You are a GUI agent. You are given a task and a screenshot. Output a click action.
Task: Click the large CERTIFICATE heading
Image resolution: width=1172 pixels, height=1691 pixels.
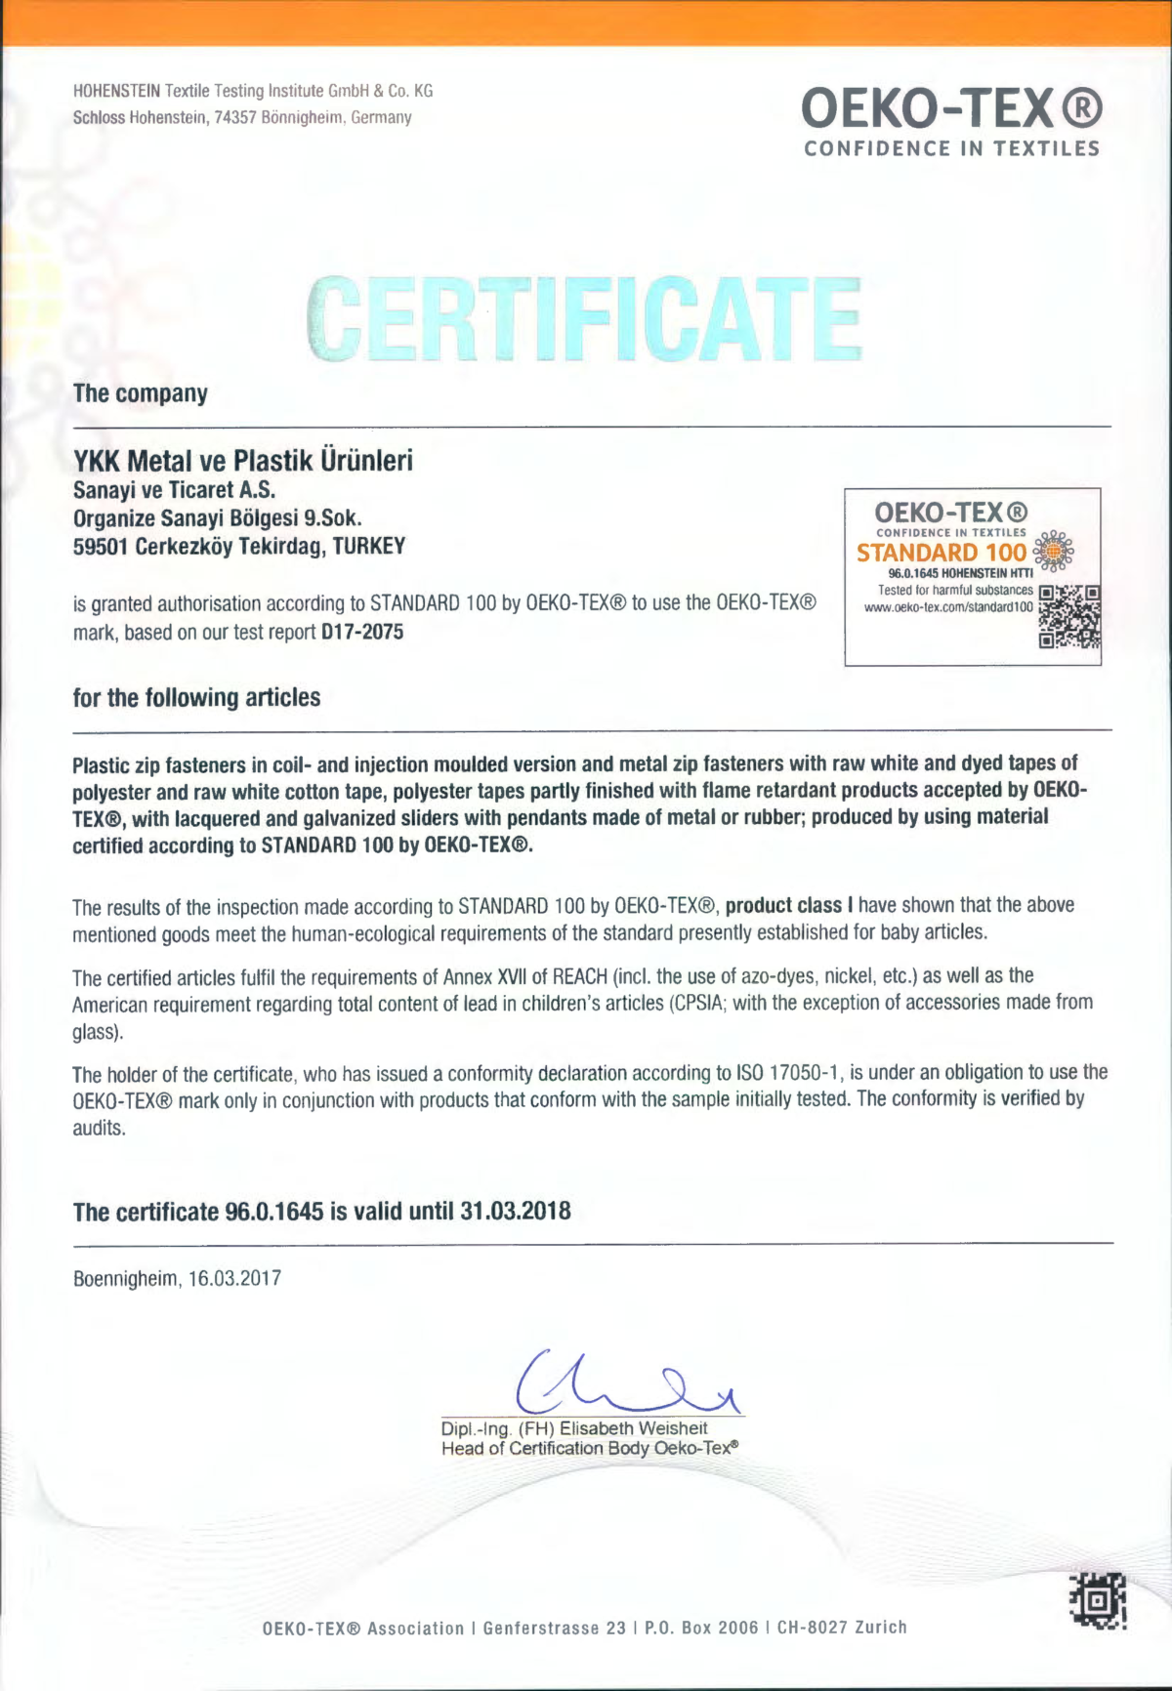pos(584,319)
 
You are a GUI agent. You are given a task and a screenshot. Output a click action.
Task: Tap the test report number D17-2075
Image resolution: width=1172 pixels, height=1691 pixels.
pos(362,632)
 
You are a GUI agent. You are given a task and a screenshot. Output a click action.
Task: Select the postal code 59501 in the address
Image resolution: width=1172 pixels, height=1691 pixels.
pos(101,547)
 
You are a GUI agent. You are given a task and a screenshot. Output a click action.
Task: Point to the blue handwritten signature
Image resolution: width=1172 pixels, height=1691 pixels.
pos(625,1382)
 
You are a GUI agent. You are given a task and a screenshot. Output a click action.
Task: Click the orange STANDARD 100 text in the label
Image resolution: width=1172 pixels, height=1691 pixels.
pos(942,553)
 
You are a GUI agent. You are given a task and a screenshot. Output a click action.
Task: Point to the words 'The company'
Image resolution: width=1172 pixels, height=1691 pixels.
pos(141,393)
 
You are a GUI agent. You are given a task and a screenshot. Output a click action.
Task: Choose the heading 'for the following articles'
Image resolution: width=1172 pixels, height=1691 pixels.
pos(196,698)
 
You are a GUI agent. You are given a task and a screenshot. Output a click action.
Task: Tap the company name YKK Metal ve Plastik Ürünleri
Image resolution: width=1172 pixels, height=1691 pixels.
pos(243,460)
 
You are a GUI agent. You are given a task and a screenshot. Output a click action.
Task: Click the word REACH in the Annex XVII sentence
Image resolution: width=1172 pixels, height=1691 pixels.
pos(580,976)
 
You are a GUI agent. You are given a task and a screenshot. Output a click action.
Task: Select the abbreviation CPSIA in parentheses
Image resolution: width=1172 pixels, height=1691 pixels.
pos(697,1003)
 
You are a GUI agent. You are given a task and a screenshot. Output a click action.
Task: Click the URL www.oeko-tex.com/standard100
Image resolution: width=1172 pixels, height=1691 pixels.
pos(948,607)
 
